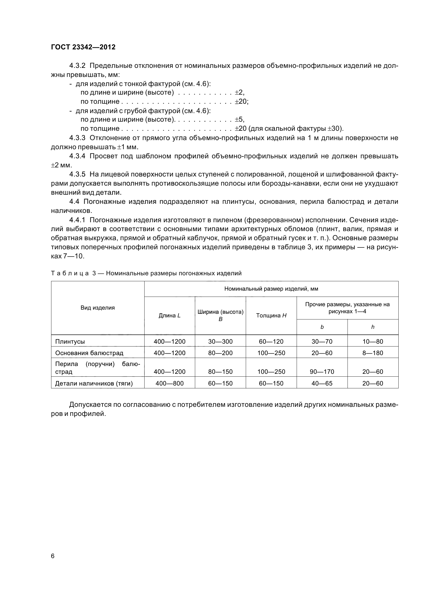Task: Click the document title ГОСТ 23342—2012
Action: pos(83,47)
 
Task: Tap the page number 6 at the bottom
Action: pos(53,556)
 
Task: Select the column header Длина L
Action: pos(169,315)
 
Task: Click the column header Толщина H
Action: pos(271,315)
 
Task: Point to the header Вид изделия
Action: pos(98,308)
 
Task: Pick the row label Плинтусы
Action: pos(70,342)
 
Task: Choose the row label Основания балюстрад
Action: pos(89,353)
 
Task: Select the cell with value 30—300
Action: pos(220,342)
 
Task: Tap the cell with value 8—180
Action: pos(372,353)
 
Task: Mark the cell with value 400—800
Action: pos(169,383)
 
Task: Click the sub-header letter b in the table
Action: pos(322,327)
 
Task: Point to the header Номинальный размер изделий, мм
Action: pos(271,289)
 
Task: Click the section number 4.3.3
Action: pos(77,138)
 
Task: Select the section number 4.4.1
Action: pos(77,220)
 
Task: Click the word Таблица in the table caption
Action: pos(70,273)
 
